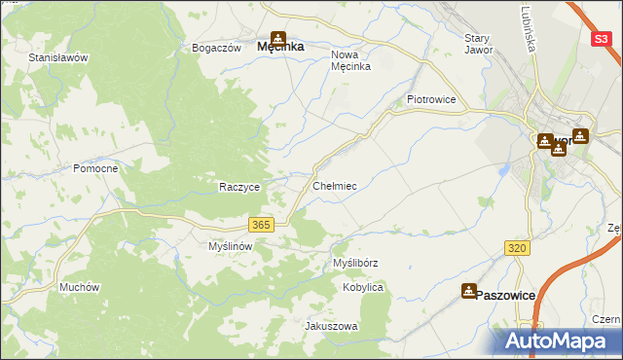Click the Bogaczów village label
tap(216, 48)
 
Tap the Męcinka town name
tap(280, 46)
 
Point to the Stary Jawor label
tap(479, 44)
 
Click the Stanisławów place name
tap(58, 57)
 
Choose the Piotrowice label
tap(431, 99)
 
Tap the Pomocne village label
tap(95, 168)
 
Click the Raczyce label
tap(238, 187)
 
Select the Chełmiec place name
tap(335, 185)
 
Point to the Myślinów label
tap(231, 247)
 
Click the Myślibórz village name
tap(355, 263)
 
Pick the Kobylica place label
tap(363, 288)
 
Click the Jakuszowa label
tap(332, 326)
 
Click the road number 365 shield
tap(260, 225)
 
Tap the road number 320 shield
tap(517, 249)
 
